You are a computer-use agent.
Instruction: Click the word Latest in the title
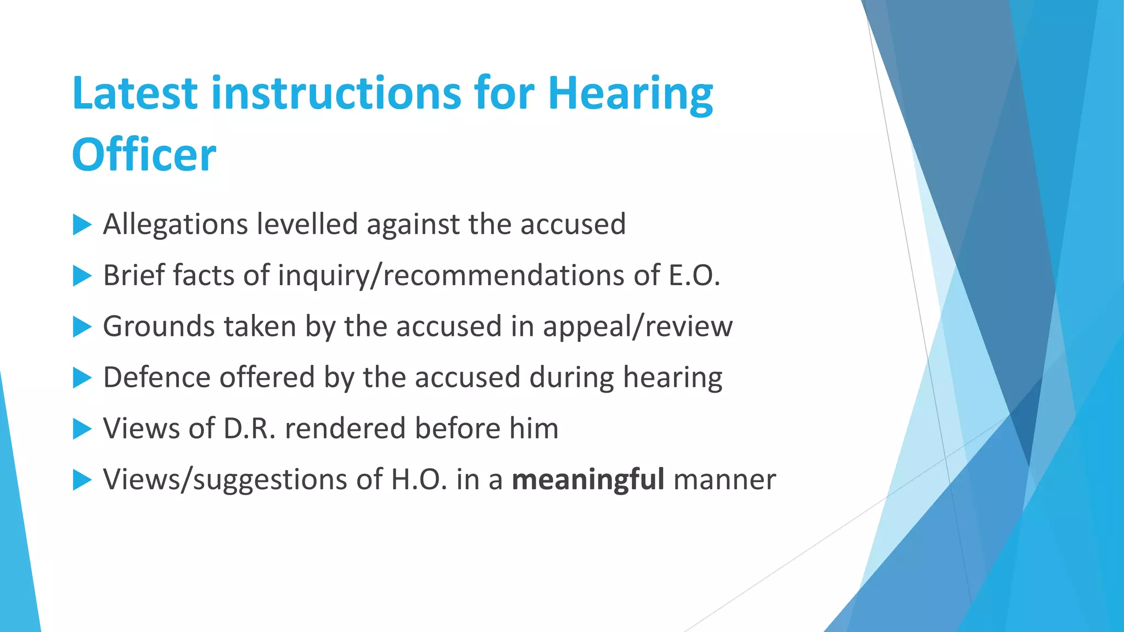[134, 93]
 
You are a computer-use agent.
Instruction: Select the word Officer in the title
[144, 155]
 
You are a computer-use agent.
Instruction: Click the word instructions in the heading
[336, 93]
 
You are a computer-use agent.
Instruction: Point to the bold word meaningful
[588, 479]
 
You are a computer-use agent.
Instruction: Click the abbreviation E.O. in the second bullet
[694, 275]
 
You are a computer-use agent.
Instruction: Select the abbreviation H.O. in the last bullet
[419, 479]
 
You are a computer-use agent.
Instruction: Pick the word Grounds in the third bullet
[158, 327]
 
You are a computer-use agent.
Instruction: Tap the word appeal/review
[637, 327]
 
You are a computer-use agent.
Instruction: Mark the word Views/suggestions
[225, 480]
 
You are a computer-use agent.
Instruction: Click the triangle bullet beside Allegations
[82, 224]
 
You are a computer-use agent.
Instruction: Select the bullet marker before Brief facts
[82, 275]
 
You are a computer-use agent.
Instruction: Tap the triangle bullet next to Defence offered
[82, 377]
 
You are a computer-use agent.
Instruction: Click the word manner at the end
[724, 479]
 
